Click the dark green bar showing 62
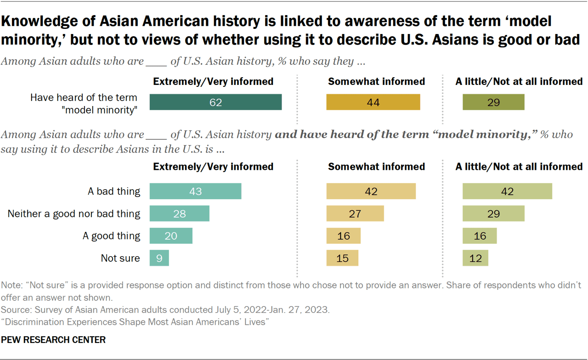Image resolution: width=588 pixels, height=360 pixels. [215, 102]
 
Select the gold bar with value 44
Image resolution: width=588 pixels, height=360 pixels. [373, 102]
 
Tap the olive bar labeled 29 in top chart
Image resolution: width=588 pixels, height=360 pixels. [493, 102]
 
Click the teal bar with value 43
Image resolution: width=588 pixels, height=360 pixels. [195, 191]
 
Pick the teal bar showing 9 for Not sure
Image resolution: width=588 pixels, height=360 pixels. [159, 258]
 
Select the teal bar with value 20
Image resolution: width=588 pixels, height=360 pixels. [171, 236]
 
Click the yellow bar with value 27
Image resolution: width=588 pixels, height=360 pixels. [355, 214]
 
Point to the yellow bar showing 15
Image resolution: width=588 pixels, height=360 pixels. [342, 258]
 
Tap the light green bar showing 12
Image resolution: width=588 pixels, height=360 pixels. [475, 258]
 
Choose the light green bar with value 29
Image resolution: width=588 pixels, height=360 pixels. [493, 214]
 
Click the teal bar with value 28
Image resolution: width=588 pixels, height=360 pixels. [179, 214]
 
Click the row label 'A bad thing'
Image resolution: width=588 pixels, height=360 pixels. [114, 191]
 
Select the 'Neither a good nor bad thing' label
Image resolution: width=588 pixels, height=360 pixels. [74, 214]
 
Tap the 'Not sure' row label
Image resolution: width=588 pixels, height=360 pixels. [120, 258]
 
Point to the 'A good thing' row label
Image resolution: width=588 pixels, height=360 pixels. [111, 236]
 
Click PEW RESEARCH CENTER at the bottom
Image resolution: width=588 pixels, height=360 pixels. [53, 340]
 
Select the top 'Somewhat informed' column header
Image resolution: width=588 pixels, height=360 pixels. [376, 82]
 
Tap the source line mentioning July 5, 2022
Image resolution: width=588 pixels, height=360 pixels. [165, 310]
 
